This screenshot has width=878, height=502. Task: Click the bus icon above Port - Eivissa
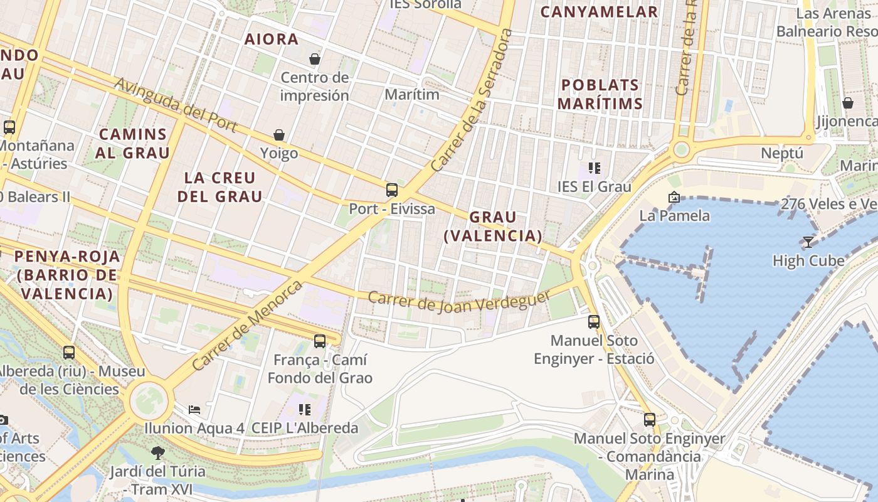pos(392,190)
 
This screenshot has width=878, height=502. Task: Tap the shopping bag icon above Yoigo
pos(279,135)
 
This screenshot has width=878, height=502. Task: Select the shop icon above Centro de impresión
pos(315,59)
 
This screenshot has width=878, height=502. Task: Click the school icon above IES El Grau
pos(595,168)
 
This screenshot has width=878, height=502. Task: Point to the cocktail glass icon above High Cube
pos(808,242)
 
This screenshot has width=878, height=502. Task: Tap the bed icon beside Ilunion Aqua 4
pos(194,410)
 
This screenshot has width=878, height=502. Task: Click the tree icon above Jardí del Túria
pos(157,452)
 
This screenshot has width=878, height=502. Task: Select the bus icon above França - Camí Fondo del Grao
pos(320,341)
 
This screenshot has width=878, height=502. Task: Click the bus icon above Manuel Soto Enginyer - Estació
pos(594,322)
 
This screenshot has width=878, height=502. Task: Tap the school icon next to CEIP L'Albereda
pos(305,410)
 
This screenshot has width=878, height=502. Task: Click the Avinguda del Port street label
pos(176,105)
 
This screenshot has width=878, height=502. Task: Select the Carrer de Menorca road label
pos(248,325)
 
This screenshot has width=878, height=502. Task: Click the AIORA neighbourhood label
pos(272,39)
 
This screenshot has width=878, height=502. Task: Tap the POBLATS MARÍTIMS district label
pos(600,94)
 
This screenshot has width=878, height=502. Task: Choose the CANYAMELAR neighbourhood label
pos(599,11)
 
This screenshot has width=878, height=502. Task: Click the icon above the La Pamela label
pos(674,197)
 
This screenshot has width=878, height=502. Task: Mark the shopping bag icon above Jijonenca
pos(848,103)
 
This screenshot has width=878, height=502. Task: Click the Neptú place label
pos(781,153)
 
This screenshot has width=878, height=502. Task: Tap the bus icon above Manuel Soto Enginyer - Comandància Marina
pos(650,419)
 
